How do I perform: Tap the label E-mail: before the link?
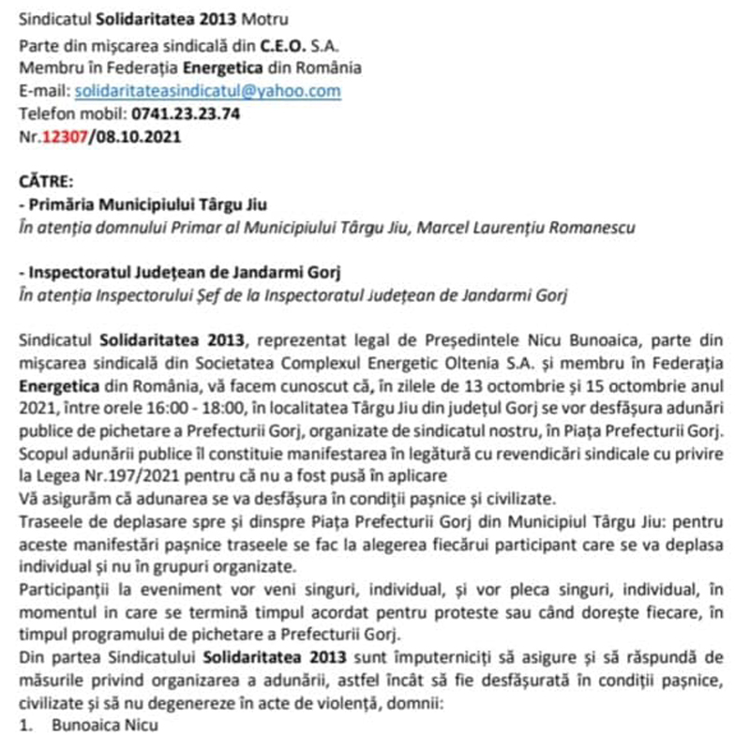[44, 91]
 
